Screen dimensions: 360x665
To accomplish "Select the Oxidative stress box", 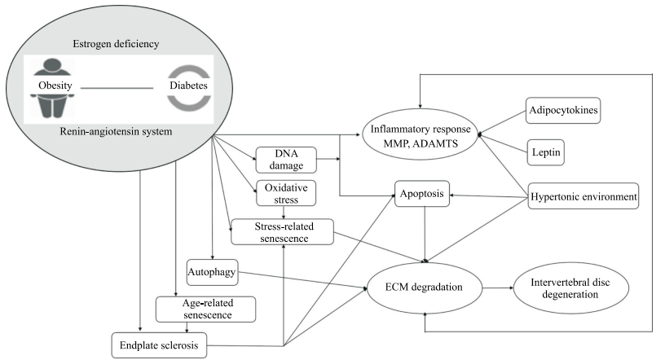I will click(286, 193).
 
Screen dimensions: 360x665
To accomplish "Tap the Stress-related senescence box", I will click(282, 230).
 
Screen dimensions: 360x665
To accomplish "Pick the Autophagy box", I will click(212, 271).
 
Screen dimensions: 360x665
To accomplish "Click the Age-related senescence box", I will click(205, 309).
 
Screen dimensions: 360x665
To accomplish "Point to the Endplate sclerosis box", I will click(158, 345).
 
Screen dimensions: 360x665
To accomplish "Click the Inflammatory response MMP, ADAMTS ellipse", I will click(420, 135).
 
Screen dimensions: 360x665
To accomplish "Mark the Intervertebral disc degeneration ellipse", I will click(570, 288).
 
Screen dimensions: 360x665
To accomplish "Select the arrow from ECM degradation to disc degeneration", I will click(496, 288).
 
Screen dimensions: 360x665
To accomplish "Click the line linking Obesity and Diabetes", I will click(117, 86).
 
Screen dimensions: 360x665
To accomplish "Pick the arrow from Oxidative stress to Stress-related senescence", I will click(283, 212).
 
